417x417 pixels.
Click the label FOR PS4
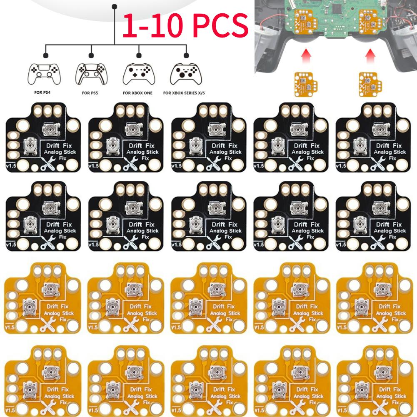click(x=43, y=93)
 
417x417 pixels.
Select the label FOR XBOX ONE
click(x=138, y=93)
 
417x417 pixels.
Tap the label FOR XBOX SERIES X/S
click(x=186, y=94)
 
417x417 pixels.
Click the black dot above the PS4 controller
click(x=45, y=55)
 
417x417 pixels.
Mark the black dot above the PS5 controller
click(x=91, y=55)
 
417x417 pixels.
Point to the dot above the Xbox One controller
click(x=139, y=55)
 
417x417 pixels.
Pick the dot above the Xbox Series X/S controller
click(x=186, y=55)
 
